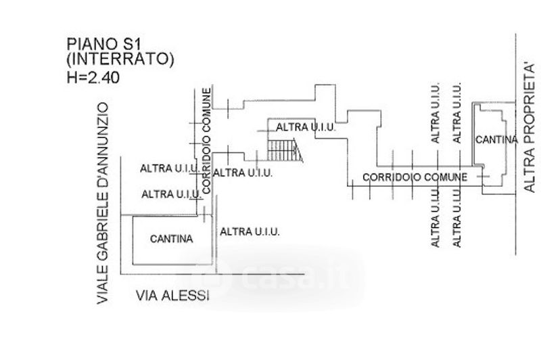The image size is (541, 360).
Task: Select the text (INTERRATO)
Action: point(120,60)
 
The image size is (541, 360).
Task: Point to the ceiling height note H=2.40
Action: point(93,76)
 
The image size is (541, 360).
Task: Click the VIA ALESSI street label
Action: point(172,296)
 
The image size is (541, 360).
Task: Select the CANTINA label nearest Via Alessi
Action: point(171,238)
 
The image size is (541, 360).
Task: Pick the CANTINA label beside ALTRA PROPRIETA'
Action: point(496,139)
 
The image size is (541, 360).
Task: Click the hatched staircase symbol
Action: point(283,149)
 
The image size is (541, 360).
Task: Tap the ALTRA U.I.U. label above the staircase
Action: point(302,127)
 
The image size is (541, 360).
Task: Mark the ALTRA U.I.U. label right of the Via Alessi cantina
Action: point(250,231)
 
